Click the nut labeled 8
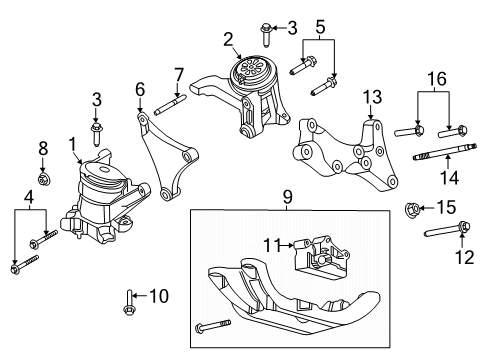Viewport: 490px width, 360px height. coord(44,180)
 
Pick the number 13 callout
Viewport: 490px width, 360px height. coord(372,96)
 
